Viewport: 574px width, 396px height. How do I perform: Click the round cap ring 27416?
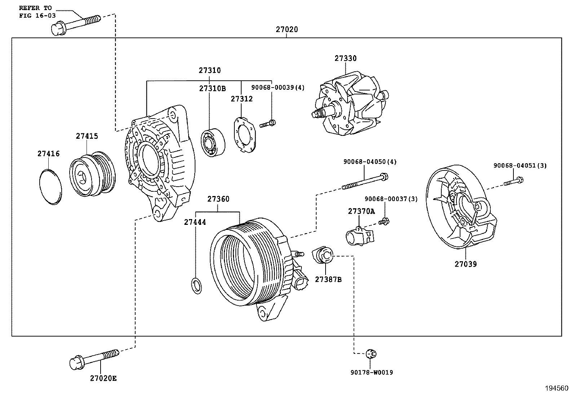pos(50,186)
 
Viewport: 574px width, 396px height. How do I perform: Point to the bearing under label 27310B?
pos(213,142)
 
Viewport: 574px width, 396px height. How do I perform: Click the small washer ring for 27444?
pos(196,286)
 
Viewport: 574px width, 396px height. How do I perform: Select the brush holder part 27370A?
pos(360,236)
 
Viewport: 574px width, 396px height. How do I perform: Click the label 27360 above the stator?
pos(218,199)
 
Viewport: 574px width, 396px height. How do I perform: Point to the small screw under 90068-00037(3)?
pos(384,222)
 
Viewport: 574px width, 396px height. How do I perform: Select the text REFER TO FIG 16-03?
pos(35,11)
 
